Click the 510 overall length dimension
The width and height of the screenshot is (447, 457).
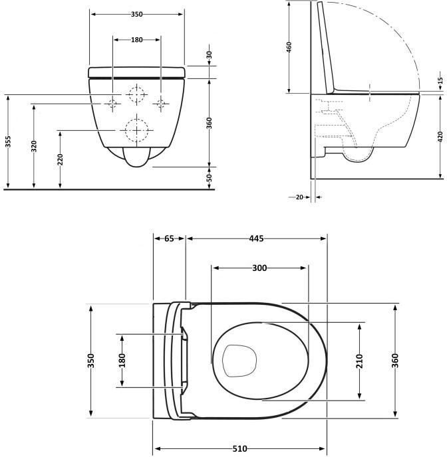coord(240,448)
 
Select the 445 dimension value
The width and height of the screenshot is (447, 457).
coord(256,238)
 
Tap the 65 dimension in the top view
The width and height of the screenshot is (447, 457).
coord(169,238)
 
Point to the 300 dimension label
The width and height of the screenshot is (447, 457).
coord(259,268)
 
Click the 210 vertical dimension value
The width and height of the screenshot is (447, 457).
coord(359,361)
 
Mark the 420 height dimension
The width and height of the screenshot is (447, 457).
coord(440,137)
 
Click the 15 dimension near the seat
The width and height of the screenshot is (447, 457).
coord(440,80)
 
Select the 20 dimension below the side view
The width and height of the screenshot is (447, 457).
coord(299,197)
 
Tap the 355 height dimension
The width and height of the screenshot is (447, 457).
coord(8,141)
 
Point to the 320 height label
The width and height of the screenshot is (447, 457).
coord(34,146)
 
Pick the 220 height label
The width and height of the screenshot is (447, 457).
coord(60,159)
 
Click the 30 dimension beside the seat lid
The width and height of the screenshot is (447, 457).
coord(210,55)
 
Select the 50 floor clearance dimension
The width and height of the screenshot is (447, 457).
coord(210,178)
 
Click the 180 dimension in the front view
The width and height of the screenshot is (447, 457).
coord(136,40)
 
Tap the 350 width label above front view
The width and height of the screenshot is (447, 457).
coord(136,14)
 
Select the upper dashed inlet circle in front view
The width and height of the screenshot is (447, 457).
coord(136,86)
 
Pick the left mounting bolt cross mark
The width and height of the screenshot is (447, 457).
coord(112,103)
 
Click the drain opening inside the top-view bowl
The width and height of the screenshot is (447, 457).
coord(239,361)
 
